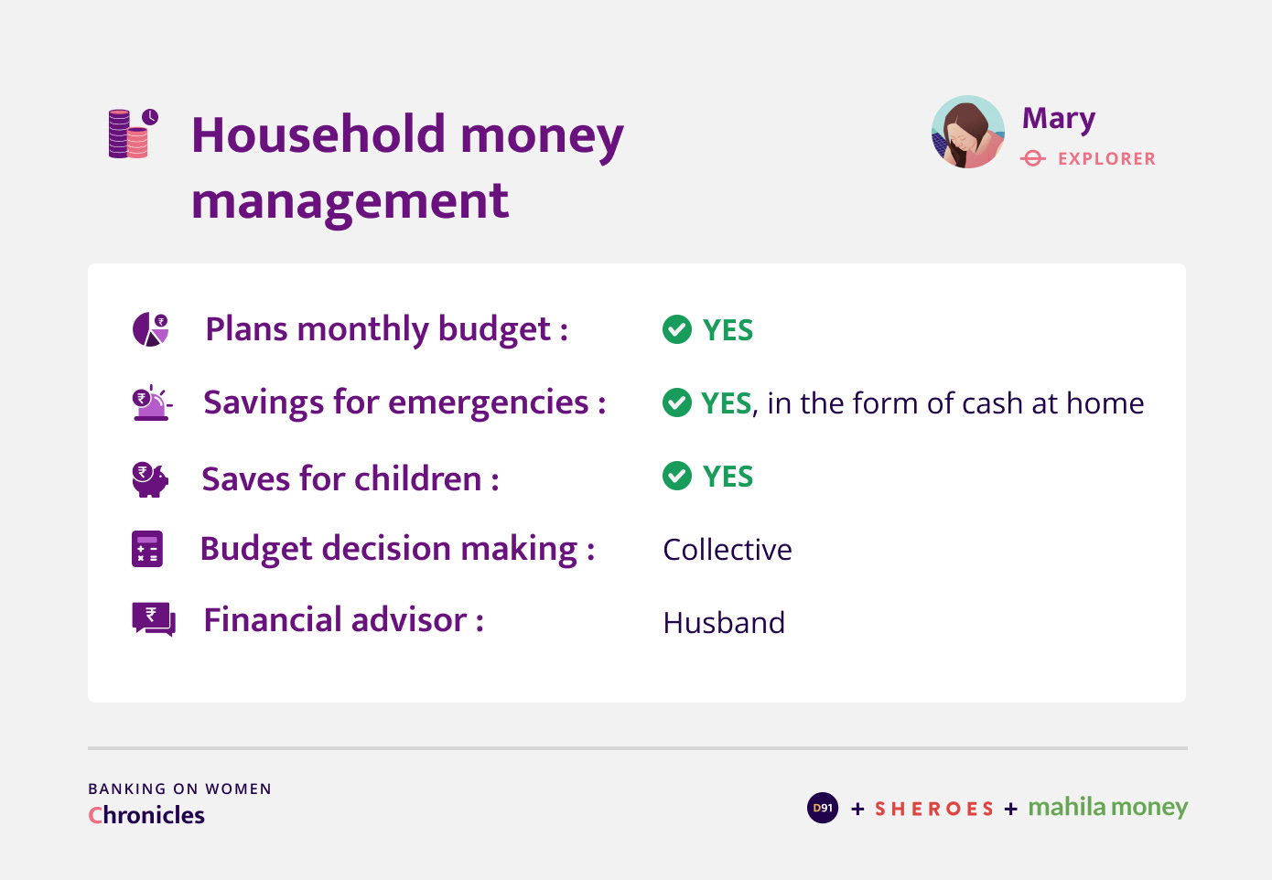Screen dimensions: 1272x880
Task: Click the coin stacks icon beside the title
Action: click(x=133, y=134)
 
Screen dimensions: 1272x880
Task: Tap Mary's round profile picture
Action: click(x=967, y=132)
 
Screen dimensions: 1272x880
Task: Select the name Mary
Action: click(x=1059, y=120)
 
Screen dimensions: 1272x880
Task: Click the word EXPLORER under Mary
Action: click(x=1106, y=158)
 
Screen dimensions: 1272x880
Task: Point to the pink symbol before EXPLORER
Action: click(x=1033, y=158)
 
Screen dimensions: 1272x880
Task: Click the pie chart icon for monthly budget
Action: click(x=150, y=329)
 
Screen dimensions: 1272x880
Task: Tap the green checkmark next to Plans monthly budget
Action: click(x=677, y=329)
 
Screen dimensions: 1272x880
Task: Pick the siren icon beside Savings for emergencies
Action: click(x=152, y=402)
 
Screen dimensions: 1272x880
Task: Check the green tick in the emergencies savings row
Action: click(x=677, y=402)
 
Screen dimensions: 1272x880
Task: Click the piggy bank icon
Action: click(x=150, y=479)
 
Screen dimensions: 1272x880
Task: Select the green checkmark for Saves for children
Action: click(x=677, y=476)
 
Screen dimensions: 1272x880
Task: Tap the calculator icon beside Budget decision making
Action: click(x=147, y=549)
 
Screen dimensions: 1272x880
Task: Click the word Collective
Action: click(x=728, y=550)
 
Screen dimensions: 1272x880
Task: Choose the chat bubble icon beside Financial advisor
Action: click(x=154, y=619)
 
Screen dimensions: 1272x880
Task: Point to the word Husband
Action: click(x=724, y=623)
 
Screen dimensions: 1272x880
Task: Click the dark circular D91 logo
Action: click(x=823, y=808)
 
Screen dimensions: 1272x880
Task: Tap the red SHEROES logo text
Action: click(x=934, y=809)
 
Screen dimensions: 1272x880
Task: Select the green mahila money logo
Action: click(x=1108, y=808)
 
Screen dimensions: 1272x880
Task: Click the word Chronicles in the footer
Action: click(x=146, y=815)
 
